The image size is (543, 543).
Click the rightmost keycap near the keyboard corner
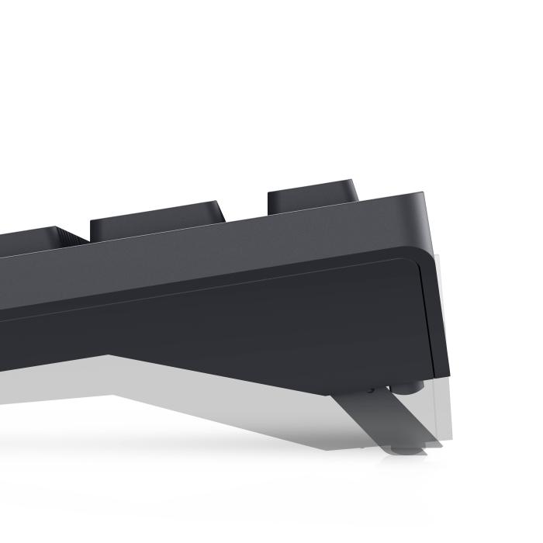click(x=312, y=198)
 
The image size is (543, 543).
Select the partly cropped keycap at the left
click(x=31, y=237)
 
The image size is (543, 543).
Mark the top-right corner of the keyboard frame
click(x=424, y=194)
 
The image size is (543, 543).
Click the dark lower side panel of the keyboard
click(x=233, y=326)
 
